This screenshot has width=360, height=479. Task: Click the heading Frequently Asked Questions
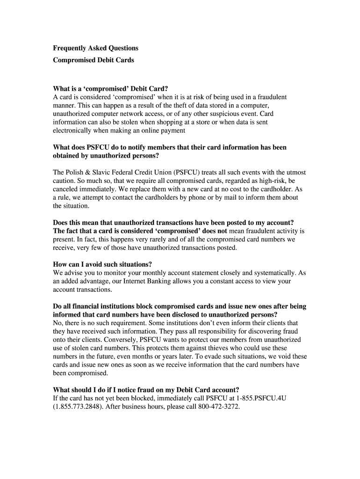point(95,48)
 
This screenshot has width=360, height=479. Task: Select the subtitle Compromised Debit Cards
point(93,60)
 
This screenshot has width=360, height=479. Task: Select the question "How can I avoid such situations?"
point(102,264)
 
